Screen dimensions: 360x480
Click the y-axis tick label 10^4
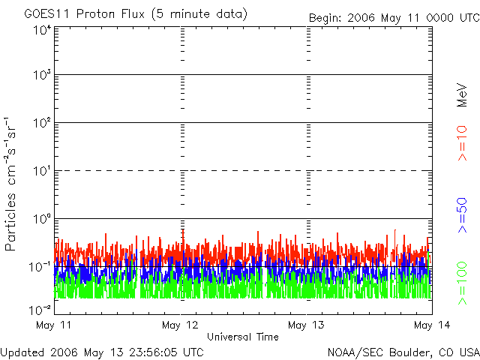pos(42,30)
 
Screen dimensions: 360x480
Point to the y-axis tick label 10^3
pos(42,75)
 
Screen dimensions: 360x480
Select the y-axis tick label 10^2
pos(42,122)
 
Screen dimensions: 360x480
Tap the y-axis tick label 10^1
pos(42,170)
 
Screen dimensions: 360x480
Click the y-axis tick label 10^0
pos(42,218)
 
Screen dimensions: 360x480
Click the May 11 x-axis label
pos(54,325)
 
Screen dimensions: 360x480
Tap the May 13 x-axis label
pos(306,325)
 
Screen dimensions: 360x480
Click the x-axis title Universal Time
pos(242,337)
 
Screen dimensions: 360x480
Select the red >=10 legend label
pos(463,143)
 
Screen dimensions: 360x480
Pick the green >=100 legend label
pos(463,283)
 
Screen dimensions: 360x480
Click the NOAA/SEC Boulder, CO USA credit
pos(403,352)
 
